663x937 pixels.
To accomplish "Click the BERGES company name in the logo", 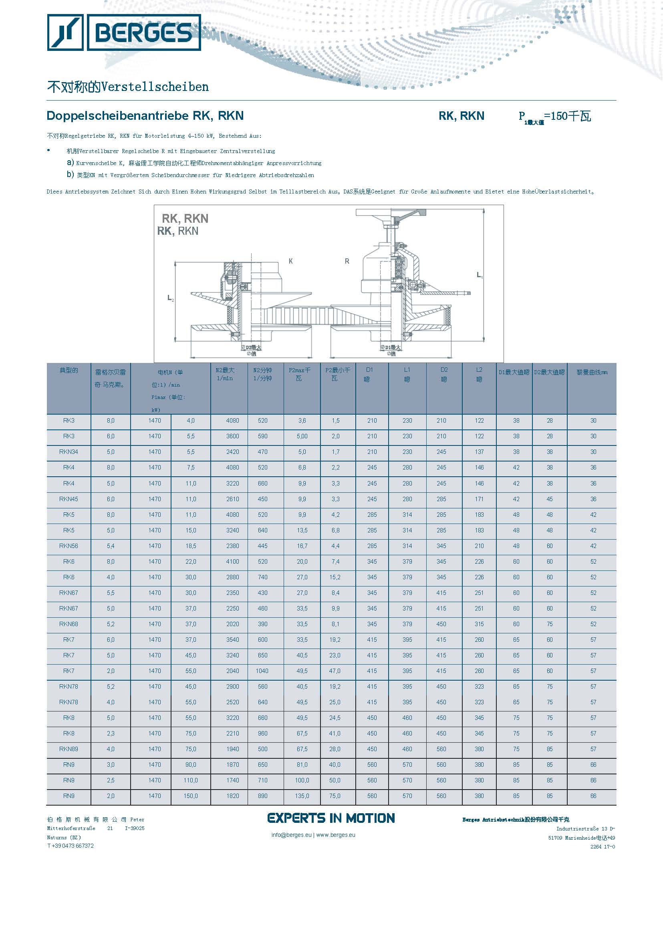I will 143,33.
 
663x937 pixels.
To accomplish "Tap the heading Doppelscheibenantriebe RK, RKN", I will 145,116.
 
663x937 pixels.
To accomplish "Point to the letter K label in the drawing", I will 291,261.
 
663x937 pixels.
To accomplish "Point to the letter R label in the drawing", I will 347,261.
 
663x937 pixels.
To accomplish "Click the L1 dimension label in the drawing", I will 479,275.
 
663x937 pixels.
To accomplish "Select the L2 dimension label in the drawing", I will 170,298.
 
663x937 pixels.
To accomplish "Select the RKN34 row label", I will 69,452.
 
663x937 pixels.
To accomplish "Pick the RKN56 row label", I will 69,546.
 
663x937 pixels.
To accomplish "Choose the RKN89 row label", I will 69,749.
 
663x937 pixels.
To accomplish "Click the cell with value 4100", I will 233,562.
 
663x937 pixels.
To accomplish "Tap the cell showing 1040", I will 262,671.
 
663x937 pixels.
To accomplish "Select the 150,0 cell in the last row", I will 191,796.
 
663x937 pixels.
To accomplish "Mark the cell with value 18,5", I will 191,546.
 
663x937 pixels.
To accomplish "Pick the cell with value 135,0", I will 302,796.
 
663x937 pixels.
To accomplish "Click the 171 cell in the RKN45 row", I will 479,499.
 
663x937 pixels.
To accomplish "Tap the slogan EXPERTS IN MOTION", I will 331,818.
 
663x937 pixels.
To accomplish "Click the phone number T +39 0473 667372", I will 70,846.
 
